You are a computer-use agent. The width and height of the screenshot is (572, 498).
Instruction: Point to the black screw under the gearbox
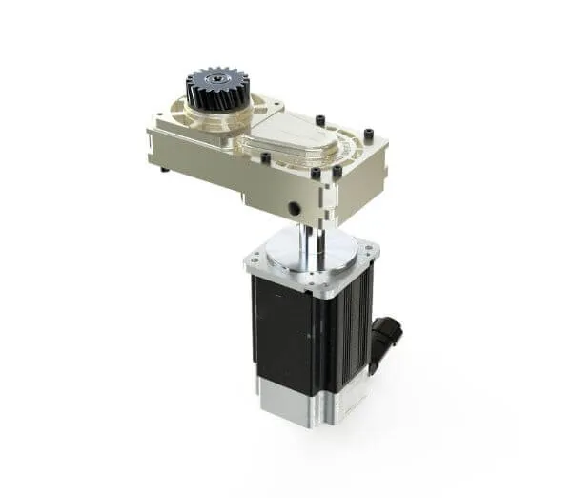(165, 170)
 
